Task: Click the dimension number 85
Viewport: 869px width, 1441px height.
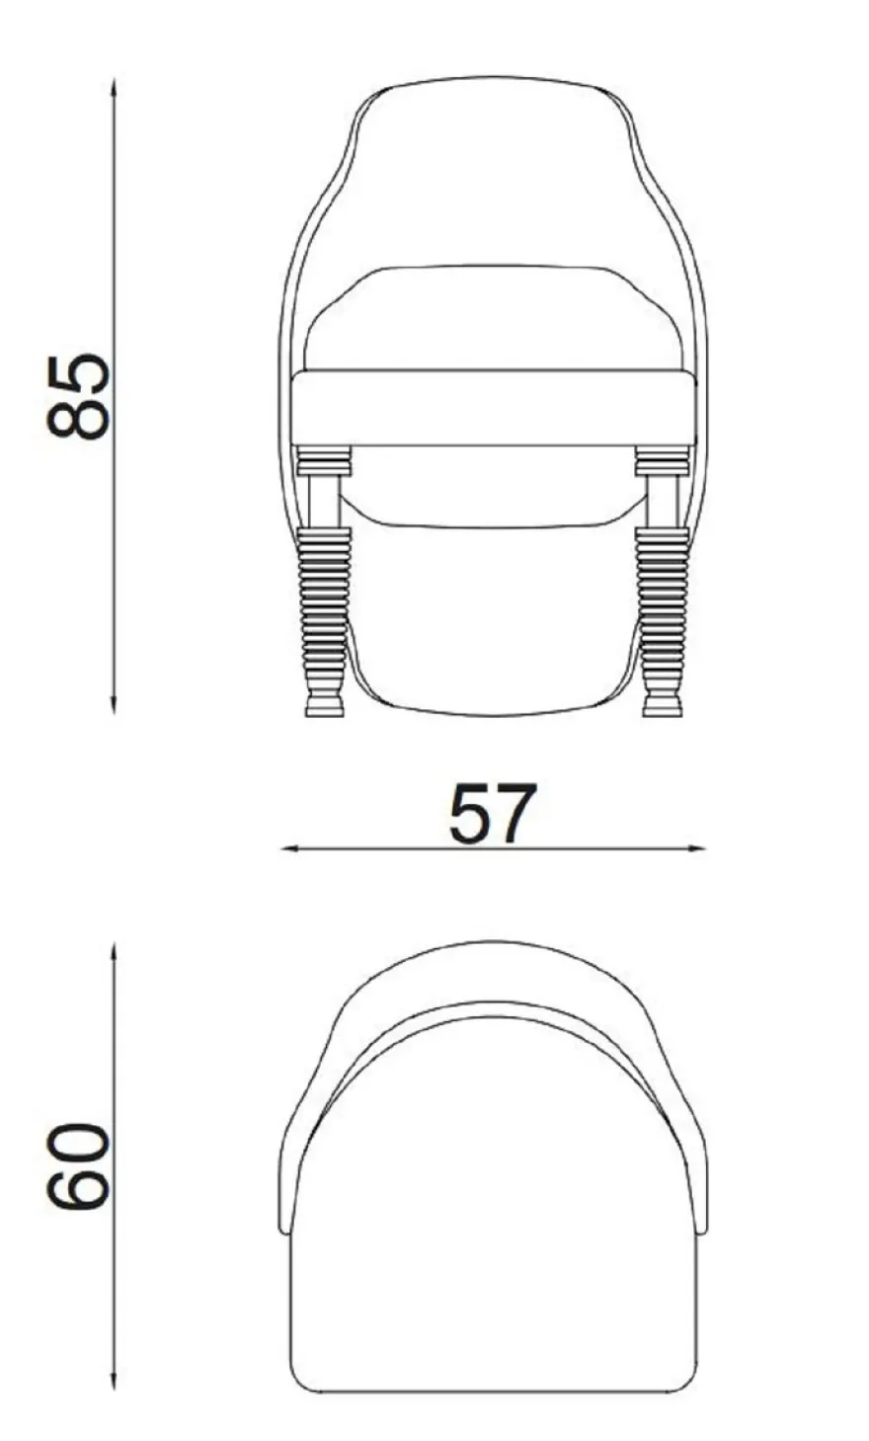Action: tap(78, 397)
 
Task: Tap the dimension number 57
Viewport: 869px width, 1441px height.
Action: tap(492, 814)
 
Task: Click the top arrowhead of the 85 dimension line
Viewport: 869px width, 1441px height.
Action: tap(114, 86)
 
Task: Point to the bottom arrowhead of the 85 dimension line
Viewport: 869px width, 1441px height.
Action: tap(114, 706)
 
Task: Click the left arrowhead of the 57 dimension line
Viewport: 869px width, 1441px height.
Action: tap(289, 849)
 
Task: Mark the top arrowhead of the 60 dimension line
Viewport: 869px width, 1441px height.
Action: tap(114, 951)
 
